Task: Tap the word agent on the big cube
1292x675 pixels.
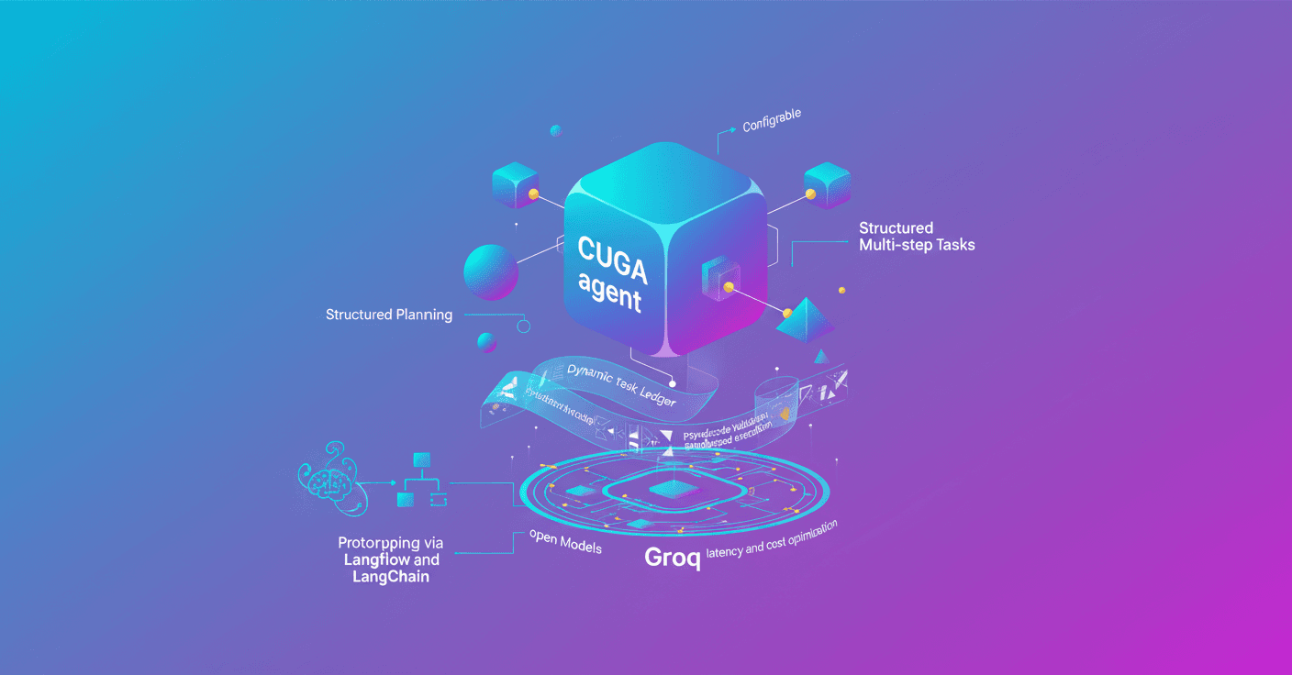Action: [610, 293]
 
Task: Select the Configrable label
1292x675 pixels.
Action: [772, 119]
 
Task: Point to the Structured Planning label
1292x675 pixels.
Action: [389, 315]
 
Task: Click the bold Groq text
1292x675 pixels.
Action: [673, 557]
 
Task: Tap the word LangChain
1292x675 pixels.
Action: [391, 577]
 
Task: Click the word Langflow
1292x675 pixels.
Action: [377, 559]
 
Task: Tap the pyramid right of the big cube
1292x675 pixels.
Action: [804, 316]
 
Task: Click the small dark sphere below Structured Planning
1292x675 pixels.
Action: [487, 343]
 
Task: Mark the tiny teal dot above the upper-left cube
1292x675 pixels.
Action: [555, 131]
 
